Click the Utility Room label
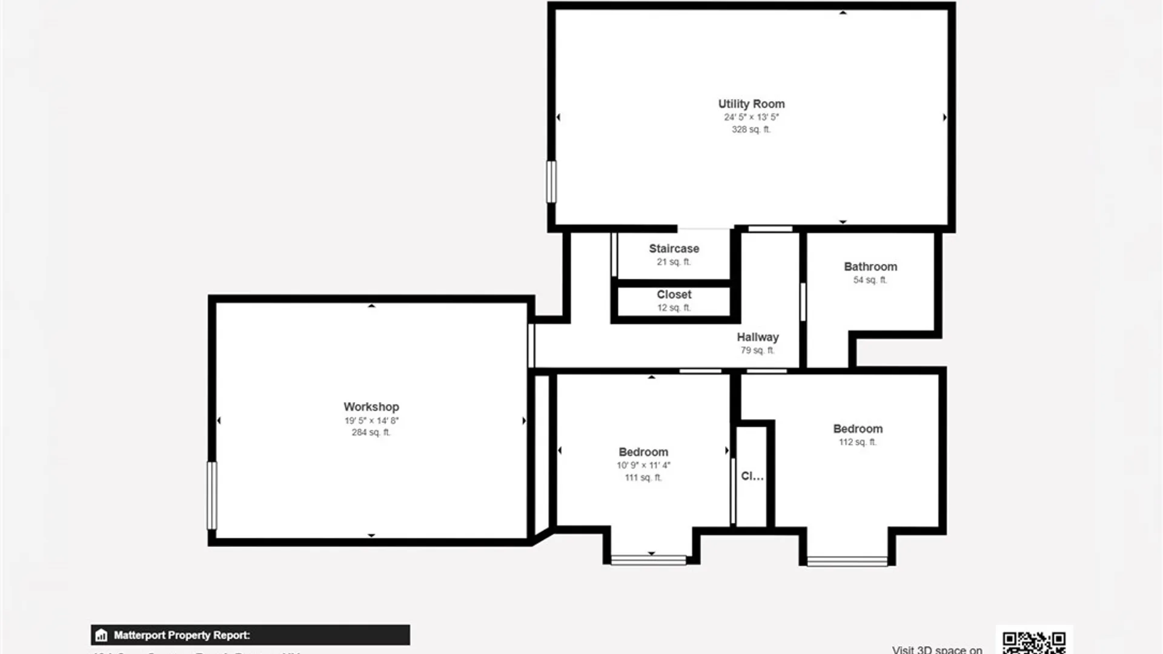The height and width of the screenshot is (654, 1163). [x=751, y=104]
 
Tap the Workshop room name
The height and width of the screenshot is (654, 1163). [x=371, y=407]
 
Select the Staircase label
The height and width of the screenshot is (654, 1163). [x=674, y=249]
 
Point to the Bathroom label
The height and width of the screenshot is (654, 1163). [x=870, y=267]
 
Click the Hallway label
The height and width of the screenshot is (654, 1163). [x=758, y=337]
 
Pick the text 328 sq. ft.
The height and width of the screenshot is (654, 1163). [x=751, y=130]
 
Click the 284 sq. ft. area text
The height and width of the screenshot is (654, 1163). [x=371, y=432]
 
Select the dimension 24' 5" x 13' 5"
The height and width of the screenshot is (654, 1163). [x=751, y=117]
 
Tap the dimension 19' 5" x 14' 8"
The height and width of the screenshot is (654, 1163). [x=371, y=420]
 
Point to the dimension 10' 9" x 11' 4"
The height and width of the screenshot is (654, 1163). [x=643, y=465]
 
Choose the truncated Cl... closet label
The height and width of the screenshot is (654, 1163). [x=752, y=476]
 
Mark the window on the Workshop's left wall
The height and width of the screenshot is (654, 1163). [x=212, y=495]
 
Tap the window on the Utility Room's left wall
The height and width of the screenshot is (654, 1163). [x=551, y=182]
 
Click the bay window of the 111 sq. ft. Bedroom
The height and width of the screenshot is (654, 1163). [x=648, y=560]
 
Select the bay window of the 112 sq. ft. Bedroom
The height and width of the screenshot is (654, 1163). [x=847, y=561]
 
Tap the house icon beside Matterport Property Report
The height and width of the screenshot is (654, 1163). [x=101, y=635]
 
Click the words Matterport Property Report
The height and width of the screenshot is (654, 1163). [x=182, y=635]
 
